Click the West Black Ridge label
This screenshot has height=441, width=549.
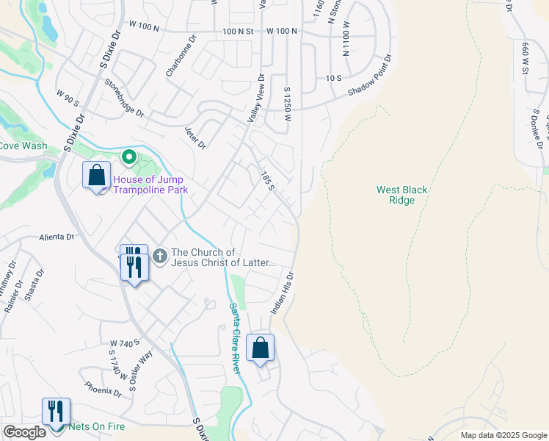coord(401,195)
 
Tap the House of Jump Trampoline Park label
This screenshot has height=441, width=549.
coord(149,184)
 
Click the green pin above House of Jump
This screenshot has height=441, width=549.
coord(128,157)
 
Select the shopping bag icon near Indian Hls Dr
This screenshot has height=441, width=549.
coord(261,348)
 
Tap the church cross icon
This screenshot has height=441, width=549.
coord(159,257)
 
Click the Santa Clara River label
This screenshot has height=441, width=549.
coord(234,338)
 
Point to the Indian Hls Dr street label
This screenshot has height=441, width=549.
coord(283,294)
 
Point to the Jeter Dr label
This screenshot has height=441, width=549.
coord(195,137)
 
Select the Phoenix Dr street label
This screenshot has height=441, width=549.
coord(103,388)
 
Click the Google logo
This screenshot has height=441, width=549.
coord(24,432)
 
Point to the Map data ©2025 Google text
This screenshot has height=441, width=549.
coord(503,435)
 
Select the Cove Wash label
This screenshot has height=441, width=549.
coord(23,146)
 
